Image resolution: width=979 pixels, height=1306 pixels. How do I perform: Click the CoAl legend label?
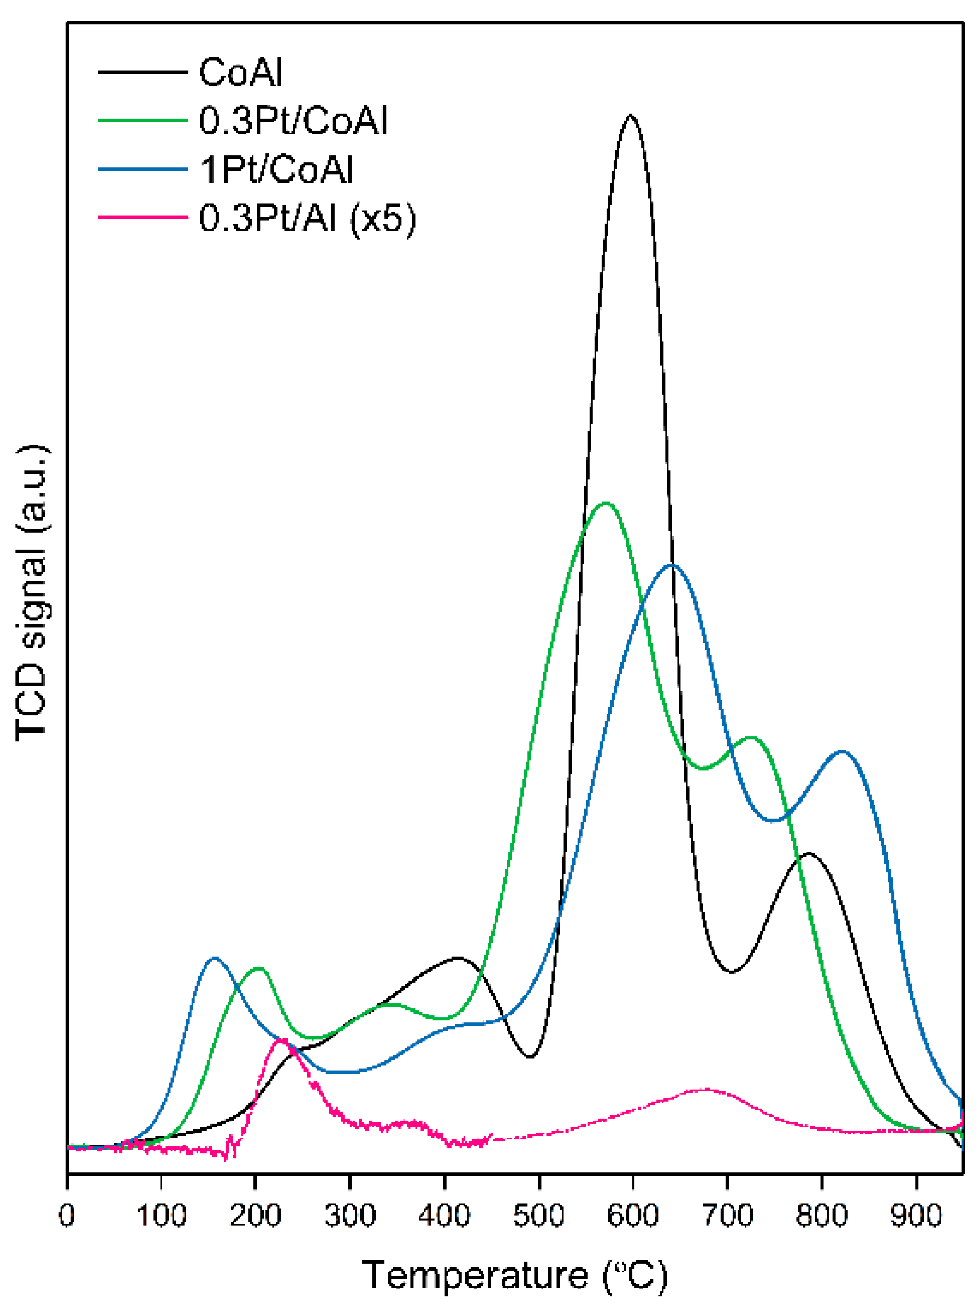pyautogui.click(x=241, y=73)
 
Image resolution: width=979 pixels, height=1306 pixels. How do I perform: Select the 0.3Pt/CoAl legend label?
pyautogui.click(x=293, y=122)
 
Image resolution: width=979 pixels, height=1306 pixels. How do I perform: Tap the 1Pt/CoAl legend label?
pyautogui.click(x=276, y=170)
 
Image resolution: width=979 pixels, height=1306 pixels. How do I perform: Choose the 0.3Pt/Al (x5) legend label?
pyautogui.click(x=308, y=219)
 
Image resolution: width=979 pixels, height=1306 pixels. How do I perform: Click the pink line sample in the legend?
pyautogui.click(x=143, y=217)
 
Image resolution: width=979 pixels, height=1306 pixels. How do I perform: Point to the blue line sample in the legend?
pyautogui.click(x=143, y=169)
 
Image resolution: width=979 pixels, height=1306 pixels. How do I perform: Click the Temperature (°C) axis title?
pyautogui.click(x=515, y=1275)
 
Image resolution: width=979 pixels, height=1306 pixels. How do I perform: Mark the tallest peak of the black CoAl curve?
pyautogui.click(x=631, y=116)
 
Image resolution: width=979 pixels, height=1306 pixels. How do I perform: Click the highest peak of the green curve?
pyautogui.click(x=605, y=504)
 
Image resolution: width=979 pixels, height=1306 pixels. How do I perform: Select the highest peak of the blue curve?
pyautogui.click(x=671, y=565)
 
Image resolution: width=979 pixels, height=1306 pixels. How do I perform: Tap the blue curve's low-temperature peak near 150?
pyautogui.click(x=215, y=957)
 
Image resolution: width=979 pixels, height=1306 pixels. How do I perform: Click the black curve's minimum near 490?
pyautogui.click(x=530, y=1057)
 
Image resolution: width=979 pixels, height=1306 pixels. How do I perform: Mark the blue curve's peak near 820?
pyautogui.click(x=842, y=751)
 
